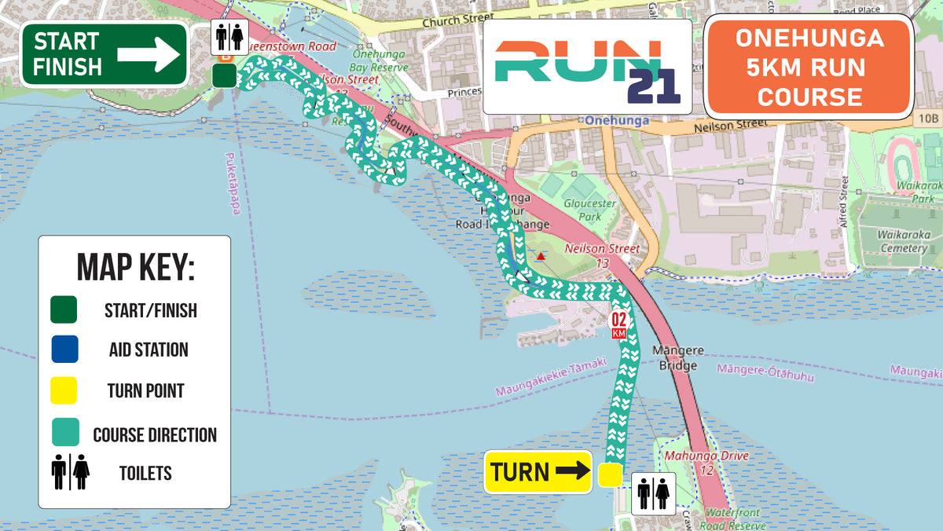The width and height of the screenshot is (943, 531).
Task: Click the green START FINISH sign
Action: point(104,54)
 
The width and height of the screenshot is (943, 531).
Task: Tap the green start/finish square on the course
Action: point(225,75)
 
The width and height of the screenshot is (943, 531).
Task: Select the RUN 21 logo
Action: point(587,68)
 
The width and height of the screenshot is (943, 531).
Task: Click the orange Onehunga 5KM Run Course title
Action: point(809,68)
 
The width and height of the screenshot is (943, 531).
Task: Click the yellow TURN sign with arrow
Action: point(538,472)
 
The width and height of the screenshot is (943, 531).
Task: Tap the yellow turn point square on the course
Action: point(610,475)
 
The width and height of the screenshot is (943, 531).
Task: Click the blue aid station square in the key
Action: point(64,350)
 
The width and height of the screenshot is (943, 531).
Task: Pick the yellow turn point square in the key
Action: point(64,390)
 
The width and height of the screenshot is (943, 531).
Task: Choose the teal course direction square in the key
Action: point(64,433)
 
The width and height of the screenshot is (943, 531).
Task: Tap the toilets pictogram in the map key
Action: point(71,472)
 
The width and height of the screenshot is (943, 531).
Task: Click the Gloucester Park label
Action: point(590,210)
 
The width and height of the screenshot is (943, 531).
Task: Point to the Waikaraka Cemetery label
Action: point(903,242)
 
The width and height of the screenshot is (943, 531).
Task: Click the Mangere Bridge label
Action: point(678,358)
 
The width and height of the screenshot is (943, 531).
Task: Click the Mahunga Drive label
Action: point(706,456)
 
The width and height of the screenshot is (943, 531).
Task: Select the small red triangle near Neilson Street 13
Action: point(541,256)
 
